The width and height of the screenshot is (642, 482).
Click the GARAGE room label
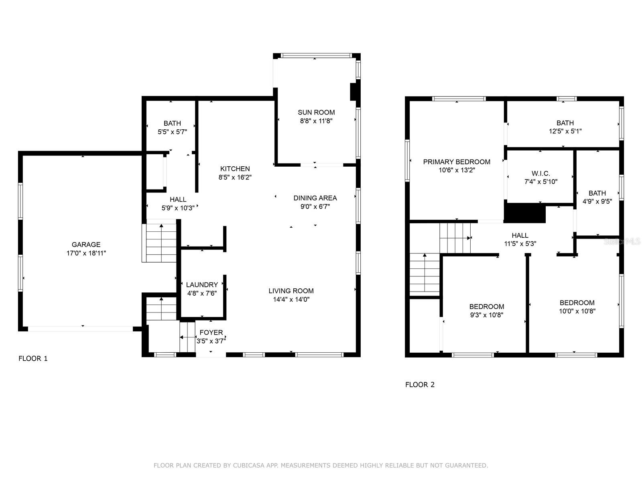pyautogui.click(x=86, y=245)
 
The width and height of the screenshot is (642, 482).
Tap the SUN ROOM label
pyautogui.click(x=316, y=112)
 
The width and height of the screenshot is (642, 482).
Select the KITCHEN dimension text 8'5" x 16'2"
pyautogui.click(x=235, y=177)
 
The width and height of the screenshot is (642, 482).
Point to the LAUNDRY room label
pyautogui.click(x=202, y=285)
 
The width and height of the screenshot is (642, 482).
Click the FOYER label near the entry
pyautogui.click(x=211, y=333)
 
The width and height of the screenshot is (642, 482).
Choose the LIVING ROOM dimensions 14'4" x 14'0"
pyautogui.click(x=291, y=299)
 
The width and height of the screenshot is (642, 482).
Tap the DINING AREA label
pyautogui.click(x=315, y=198)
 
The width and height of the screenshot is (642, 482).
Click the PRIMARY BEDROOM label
pyautogui.click(x=457, y=162)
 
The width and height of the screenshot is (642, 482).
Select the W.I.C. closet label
pyautogui.click(x=541, y=174)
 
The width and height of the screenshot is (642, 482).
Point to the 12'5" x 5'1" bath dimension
pyautogui.click(x=565, y=131)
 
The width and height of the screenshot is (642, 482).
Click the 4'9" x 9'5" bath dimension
pyautogui.click(x=597, y=202)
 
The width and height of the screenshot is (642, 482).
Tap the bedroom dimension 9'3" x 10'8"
pyautogui.click(x=487, y=315)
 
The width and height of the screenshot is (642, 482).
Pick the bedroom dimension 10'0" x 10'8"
pyautogui.click(x=577, y=311)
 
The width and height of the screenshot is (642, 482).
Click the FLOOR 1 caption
pyautogui.click(x=33, y=359)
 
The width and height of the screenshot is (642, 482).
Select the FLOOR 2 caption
pyautogui.click(x=420, y=385)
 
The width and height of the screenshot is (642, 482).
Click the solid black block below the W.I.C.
pyautogui.click(x=524, y=213)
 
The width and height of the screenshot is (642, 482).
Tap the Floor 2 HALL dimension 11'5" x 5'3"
pyautogui.click(x=520, y=243)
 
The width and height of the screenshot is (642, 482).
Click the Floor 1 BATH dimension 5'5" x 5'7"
pyautogui.click(x=172, y=131)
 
